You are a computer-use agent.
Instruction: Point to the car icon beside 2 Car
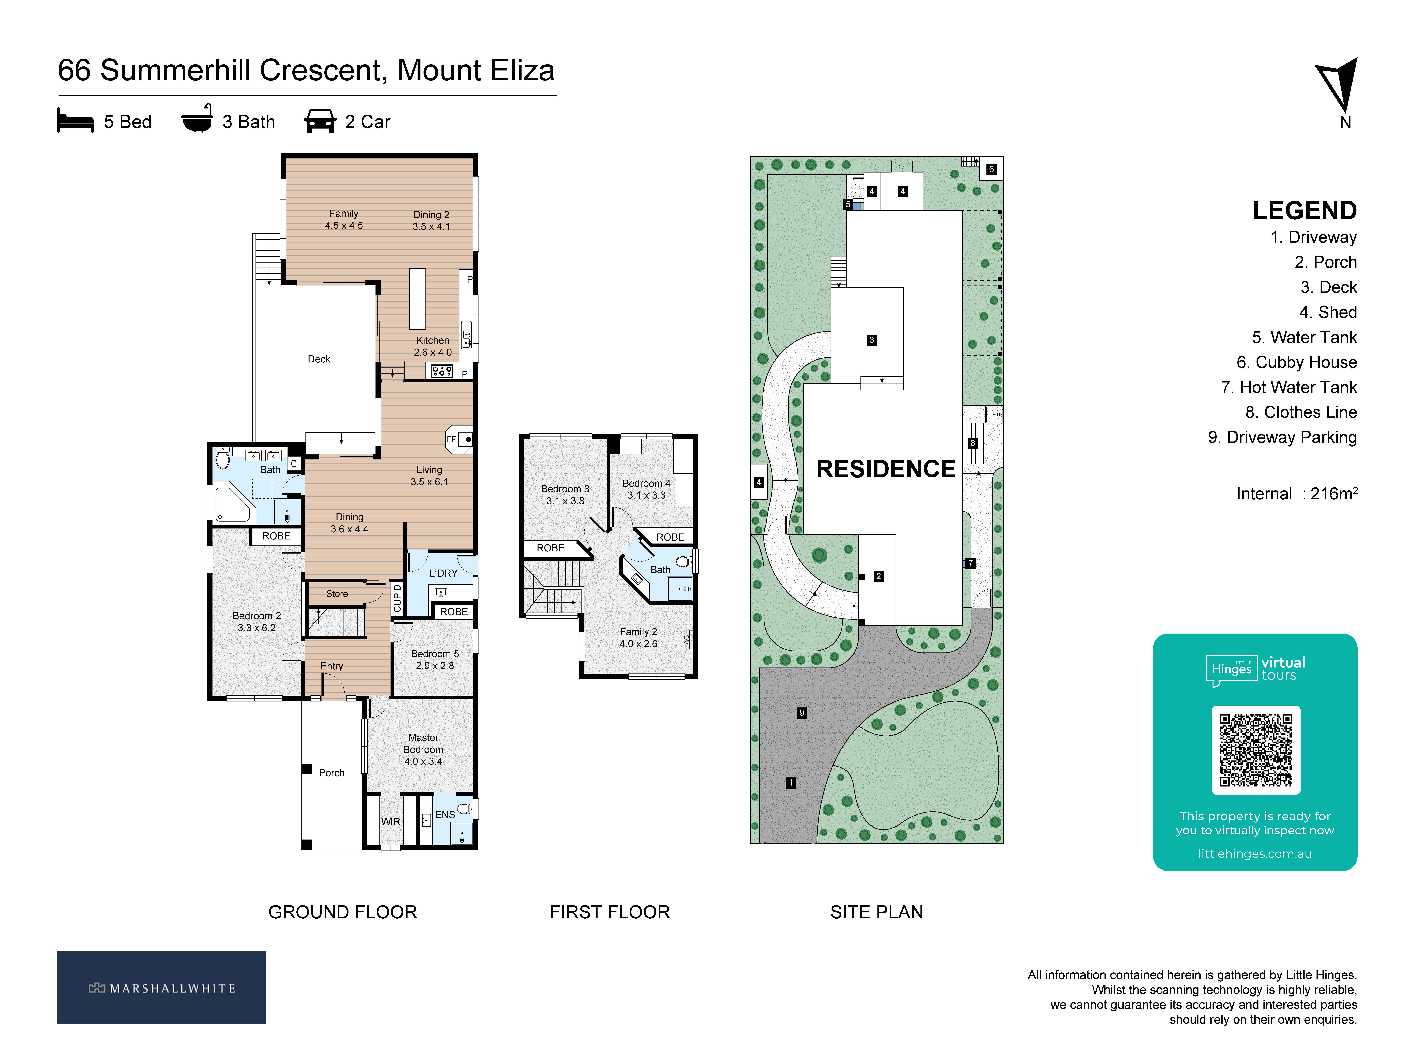click(x=320, y=121)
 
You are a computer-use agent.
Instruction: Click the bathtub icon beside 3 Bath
click(x=197, y=119)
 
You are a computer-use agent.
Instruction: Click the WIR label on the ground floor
click(x=390, y=821)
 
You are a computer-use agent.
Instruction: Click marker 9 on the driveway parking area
click(x=801, y=712)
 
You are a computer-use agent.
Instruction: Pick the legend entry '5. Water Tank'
click(x=1304, y=337)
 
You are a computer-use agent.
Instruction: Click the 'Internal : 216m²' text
click(x=1297, y=493)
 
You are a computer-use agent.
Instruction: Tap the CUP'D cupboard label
click(x=397, y=598)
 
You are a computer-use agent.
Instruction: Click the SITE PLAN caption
click(x=876, y=912)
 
